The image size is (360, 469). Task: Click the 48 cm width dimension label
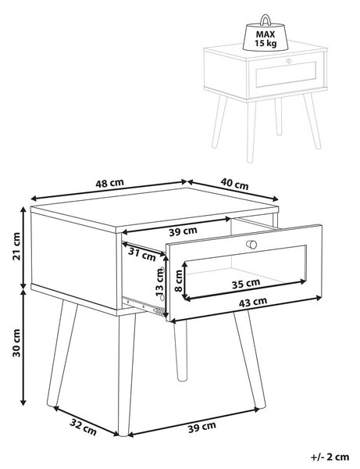(x=109, y=183)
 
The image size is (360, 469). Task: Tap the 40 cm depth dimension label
(x=234, y=184)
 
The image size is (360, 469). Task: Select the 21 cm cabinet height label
(x=16, y=246)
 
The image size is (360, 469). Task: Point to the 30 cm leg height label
(x=16, y=343)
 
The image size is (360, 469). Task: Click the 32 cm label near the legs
(x=83, y=427)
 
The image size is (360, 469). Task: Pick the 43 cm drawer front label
(x=253, y=303)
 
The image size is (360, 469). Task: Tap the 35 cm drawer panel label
(x=246, y=284)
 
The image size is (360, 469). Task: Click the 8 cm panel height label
(x=179, y=281)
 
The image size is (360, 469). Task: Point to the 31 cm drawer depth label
(x=142, y=254)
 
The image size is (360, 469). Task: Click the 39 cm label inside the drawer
(x=184, y=231)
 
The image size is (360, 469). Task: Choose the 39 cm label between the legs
(x=202, y=427)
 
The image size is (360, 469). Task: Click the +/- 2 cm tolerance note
(x=330, y=457)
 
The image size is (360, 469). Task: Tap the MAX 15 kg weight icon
(x=266, y=33)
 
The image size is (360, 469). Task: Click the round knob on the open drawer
(x=251, y=245)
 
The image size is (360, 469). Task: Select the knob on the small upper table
(x=289, y=61)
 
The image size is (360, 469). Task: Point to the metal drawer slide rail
(x=144, y=306)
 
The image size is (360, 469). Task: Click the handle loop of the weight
(x=265, y=19)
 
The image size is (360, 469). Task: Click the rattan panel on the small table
(x=286, y=74)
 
